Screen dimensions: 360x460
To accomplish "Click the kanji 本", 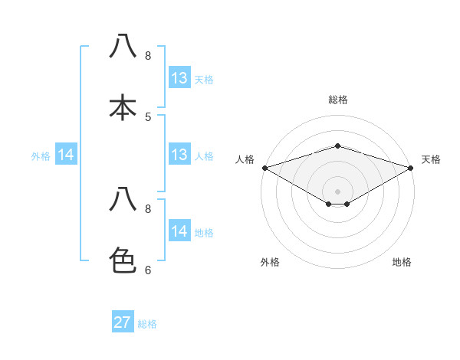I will (123, 106).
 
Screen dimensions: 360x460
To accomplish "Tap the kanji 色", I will (123, 260).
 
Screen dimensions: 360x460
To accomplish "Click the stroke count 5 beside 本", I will (148, 116).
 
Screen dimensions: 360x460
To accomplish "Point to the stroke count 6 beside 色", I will (148, 270).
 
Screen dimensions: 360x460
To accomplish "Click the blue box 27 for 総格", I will (123, 322).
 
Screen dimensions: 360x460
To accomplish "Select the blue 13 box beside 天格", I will (179, 78).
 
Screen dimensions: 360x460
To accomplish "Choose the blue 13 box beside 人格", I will (179, 155).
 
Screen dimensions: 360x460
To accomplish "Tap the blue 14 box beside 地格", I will (179, 231).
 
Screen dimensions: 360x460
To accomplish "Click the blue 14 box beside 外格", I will (66, 155).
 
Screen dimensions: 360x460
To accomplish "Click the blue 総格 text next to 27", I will (147, 324).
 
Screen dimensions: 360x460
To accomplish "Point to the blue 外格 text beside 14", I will (41, 156).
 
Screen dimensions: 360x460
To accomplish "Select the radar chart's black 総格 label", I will (337, 100).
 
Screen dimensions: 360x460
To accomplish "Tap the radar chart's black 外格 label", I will (270, 263).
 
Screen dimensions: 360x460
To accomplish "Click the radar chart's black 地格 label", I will (402, 263).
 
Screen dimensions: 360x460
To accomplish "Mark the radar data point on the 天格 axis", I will (411, 167).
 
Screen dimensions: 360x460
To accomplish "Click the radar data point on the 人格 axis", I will (264, 167).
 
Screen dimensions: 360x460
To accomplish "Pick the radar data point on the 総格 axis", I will (337, 146).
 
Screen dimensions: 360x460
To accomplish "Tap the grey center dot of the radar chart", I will (337, 191).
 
